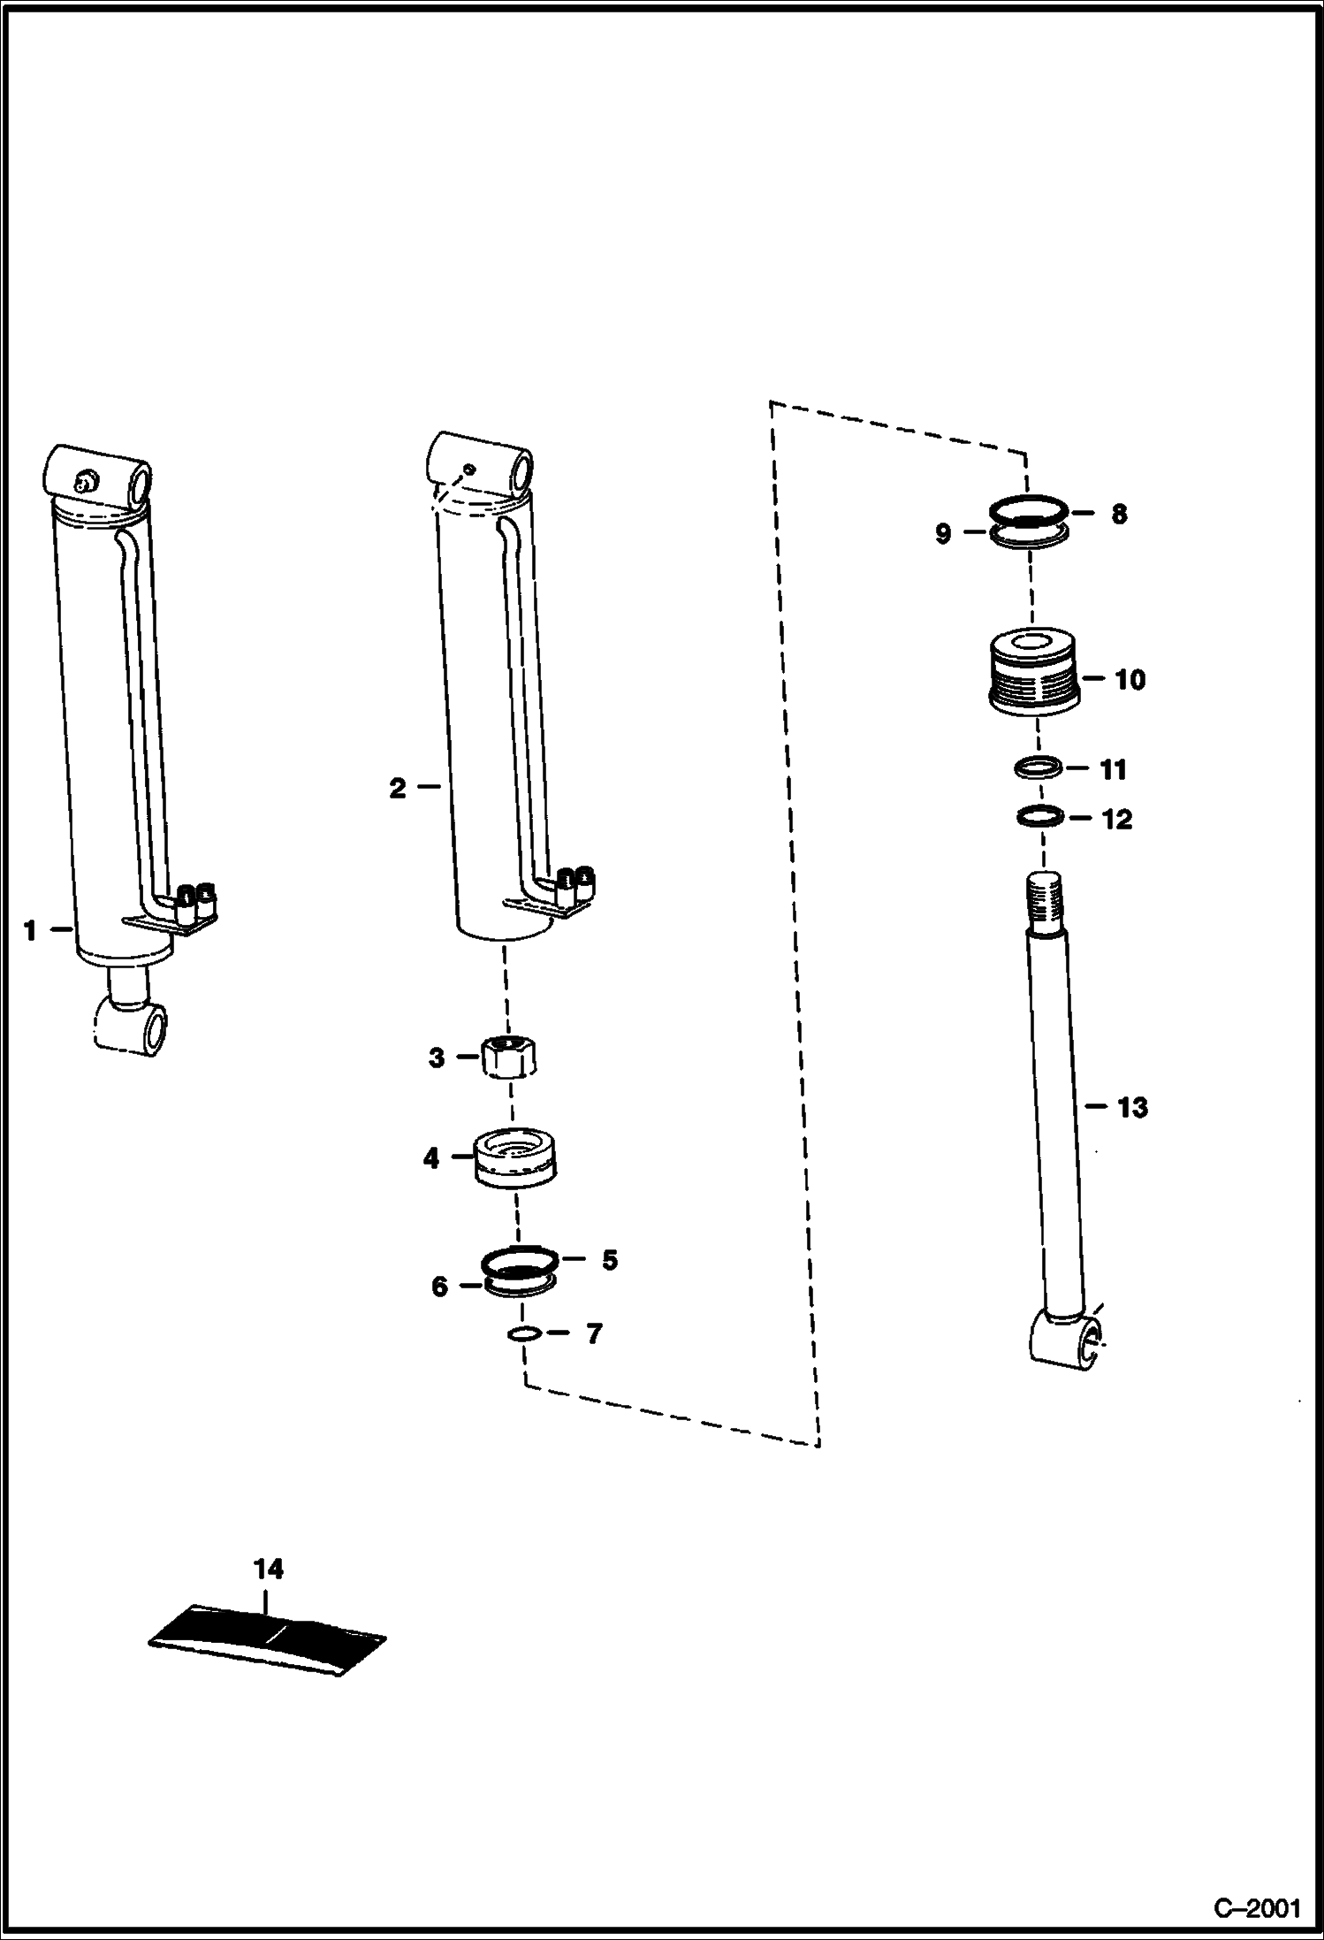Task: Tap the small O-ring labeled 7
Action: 523,1333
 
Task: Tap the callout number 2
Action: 398,788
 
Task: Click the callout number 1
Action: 30,930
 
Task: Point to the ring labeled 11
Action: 1038,768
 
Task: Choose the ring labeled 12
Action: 1039,817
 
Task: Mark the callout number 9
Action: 943,533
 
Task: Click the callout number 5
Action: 610,1259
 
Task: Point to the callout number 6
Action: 439,1287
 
